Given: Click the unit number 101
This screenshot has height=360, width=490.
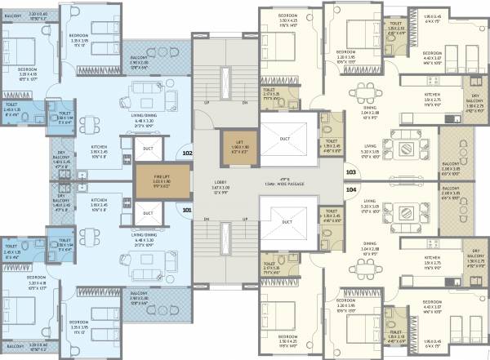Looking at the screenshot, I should click(x=187, y=208).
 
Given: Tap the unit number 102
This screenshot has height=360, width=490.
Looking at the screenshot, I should click(x=187, y=152).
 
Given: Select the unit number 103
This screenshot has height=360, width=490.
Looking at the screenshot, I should click(x=350, y=172).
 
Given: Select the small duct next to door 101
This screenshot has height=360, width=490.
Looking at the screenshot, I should click(x=148, y=214).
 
